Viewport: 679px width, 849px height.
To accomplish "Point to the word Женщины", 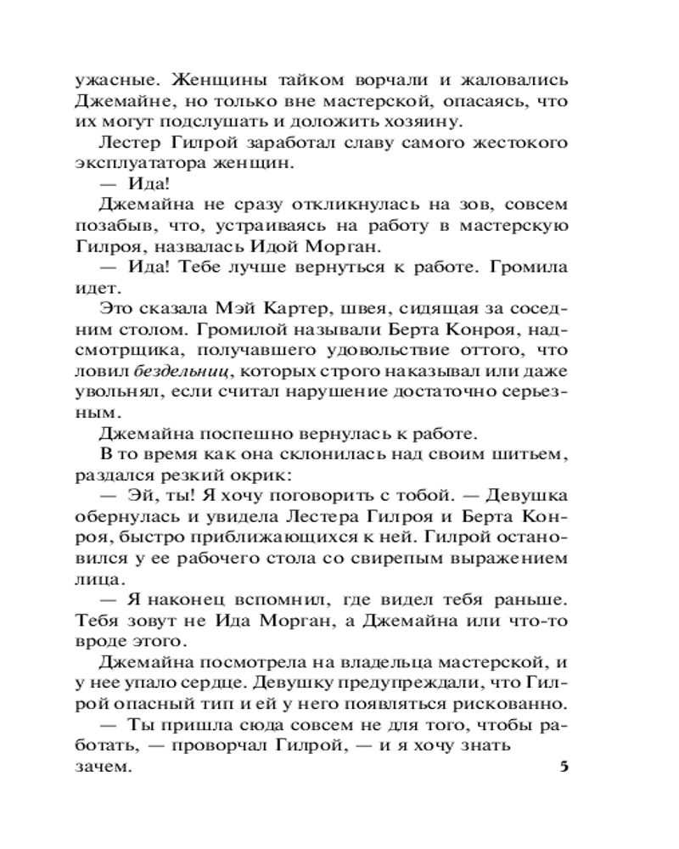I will pyautogui.click(x=219, y=81).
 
